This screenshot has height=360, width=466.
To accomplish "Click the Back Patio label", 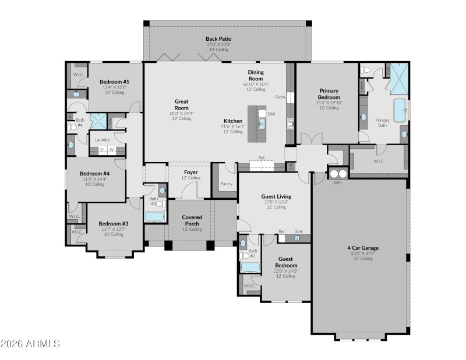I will [x=218, y=38].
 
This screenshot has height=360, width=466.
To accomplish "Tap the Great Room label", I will [x=181, y=104].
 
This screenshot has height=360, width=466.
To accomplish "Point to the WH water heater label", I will [x=337, y=183].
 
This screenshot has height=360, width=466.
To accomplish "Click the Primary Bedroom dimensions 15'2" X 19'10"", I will [x=329, y=103].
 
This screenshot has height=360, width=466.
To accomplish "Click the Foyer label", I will [x=190, y=172].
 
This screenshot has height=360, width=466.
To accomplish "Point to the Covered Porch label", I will [x=192, y=220].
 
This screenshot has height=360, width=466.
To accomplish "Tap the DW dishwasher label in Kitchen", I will [x=271, y=114].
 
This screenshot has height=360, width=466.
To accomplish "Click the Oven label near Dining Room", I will [x=280, y=97].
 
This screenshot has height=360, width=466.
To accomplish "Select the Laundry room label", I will [x=103, y=140].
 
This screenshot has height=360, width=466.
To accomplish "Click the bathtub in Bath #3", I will [x=154, y=217].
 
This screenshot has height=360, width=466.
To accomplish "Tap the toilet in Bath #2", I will [x=244, y=255].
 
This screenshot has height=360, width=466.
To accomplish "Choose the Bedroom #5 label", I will [x=114, y=82].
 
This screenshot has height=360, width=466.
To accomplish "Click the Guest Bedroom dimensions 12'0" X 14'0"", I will [x=286, y=271].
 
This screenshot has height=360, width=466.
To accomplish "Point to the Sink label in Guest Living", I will [x=298, y=231].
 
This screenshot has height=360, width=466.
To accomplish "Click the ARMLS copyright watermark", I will [x=30, y=344].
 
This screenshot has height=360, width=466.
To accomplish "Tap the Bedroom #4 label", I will [x=94, y=174].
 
